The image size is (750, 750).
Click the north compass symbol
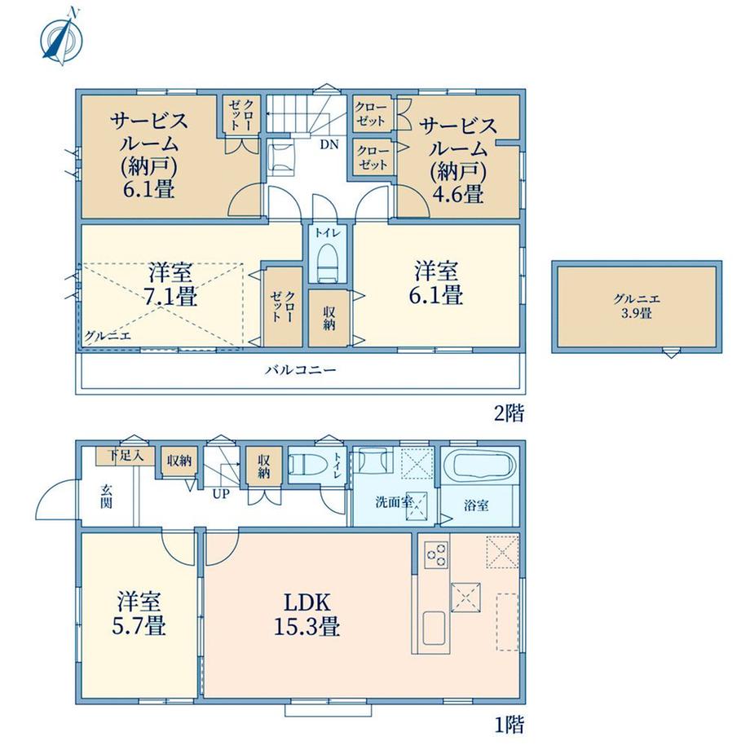coord(61,37)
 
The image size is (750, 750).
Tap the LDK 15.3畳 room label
coord(307,614)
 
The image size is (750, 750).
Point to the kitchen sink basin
coord(435,628)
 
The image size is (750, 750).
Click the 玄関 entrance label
coord(106,496)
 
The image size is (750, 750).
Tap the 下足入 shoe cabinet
coord(126,456)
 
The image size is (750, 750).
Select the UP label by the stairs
coord(221,494)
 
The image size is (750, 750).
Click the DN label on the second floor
coord(329,144)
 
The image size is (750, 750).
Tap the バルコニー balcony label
coord(301,370)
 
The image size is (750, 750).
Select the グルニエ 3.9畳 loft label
coord(637,307)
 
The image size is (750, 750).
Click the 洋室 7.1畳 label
coord(171,285)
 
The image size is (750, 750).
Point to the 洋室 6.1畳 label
coord(436,283)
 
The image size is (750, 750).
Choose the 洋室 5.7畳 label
coord(139,614)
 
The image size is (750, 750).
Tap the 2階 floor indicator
coord(509,412)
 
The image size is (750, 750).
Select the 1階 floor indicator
coord(509,725)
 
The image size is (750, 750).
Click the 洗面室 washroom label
coord(394,502)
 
